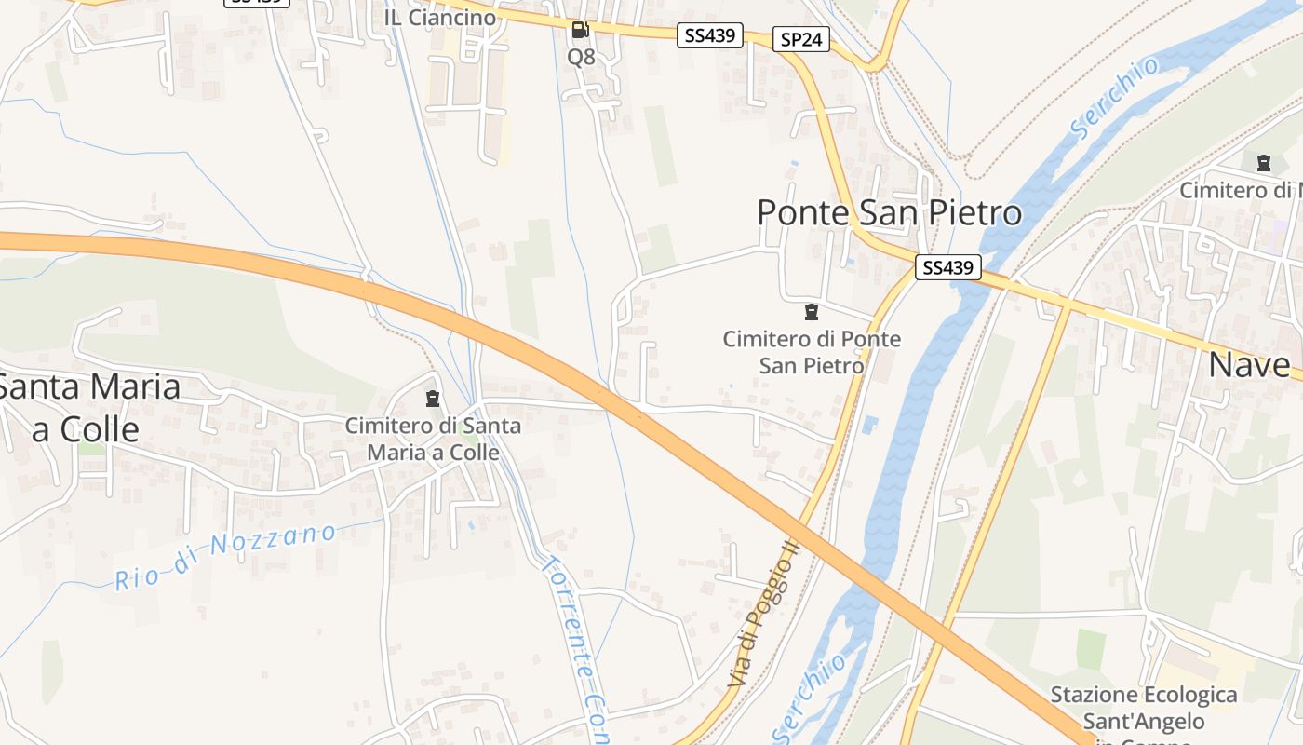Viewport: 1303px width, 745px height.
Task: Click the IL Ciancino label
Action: [440, 17]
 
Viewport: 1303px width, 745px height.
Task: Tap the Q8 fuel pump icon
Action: [581, 30]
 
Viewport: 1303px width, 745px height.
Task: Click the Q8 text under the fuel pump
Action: [581, 57]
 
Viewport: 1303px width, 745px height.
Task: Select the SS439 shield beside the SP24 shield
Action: [711, 36]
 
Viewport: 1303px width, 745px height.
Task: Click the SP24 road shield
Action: [800, 39]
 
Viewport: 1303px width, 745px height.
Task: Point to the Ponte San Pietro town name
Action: [889, 213]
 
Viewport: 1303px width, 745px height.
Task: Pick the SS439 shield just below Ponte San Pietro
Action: [948, 268]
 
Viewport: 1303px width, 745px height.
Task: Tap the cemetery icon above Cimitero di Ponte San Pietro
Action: [812, 312]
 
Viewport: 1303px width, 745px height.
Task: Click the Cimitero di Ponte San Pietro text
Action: [812, 352]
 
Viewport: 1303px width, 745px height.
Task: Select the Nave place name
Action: [1249, 365]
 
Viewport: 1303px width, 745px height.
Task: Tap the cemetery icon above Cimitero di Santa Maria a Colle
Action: [432, 400]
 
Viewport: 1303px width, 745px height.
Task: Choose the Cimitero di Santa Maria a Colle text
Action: [433, 439]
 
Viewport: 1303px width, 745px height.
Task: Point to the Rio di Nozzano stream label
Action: [225, 557]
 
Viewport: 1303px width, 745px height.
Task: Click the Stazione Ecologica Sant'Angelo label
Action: [1144, 708]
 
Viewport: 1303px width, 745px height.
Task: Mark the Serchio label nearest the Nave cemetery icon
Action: [1115, 98]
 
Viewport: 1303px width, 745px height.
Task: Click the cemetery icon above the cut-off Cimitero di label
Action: [1263, 164]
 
